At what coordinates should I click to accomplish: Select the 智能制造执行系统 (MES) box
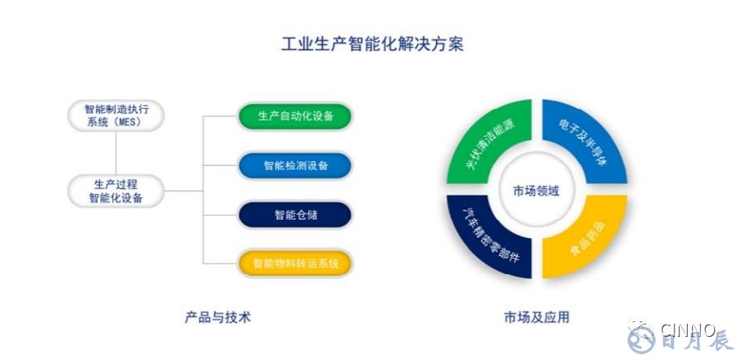coord(116,116)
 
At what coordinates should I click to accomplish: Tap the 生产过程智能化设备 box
coord(116,190)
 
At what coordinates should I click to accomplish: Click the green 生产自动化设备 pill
coord(295,116)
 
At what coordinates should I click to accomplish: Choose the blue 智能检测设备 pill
coord(295,166)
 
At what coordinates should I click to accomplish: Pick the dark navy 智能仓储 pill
coord(295,215)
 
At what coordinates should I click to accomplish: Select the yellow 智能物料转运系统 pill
coord(295,264)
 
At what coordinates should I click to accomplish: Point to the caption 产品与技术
coord(217,316)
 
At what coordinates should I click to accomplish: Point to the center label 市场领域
coord(536,192)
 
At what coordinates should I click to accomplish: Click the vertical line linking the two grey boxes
coord(116,153)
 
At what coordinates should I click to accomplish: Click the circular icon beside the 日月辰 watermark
coord(640,338)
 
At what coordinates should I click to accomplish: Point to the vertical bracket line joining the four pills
coord(204,190)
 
